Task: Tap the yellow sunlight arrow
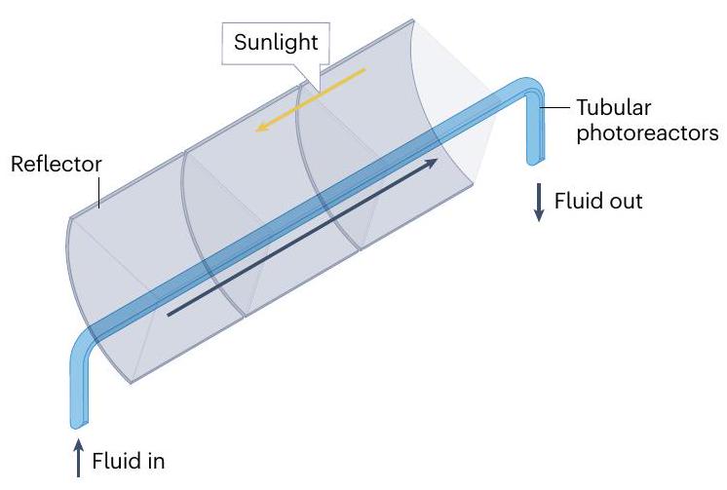310,101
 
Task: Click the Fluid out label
598,202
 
